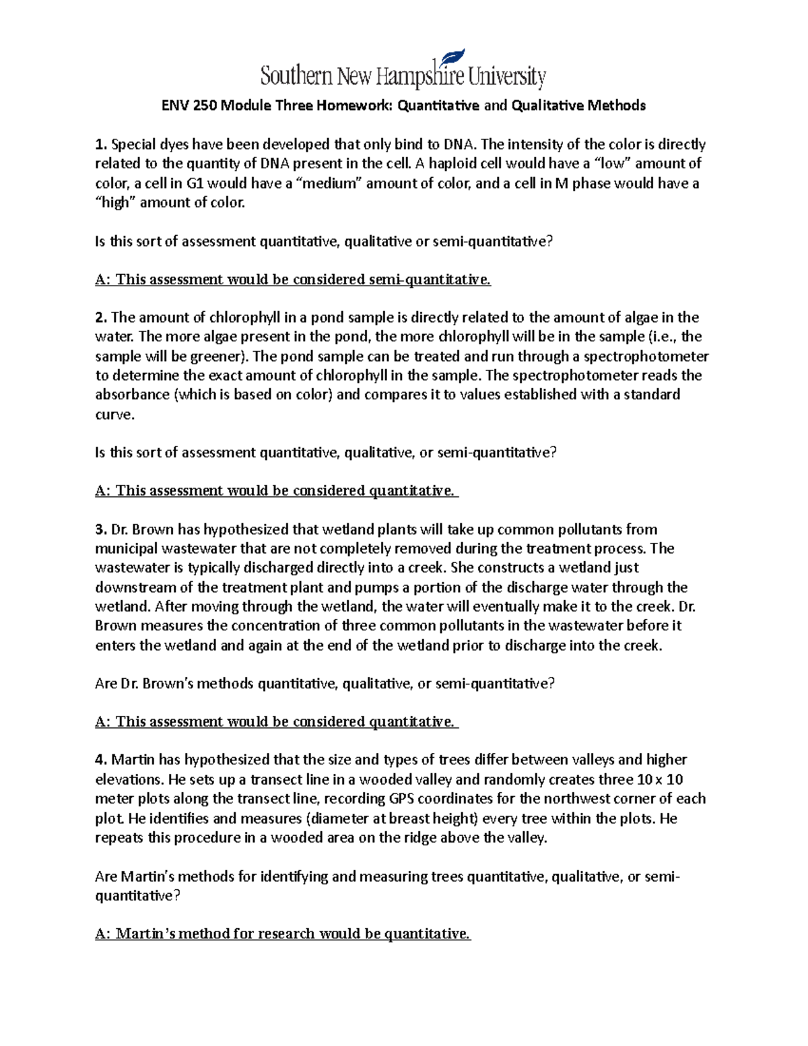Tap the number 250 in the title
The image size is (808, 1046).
(206, 106)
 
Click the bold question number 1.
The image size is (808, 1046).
(101, 144)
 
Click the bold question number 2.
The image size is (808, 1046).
(101, 317)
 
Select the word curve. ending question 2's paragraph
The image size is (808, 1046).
(115, 414)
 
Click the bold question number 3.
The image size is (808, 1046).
(101, 529)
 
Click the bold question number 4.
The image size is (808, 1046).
(101, 760)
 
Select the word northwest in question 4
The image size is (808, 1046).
(571, 799)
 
